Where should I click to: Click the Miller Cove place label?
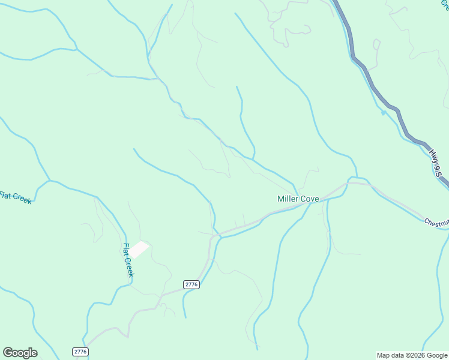point(298,199)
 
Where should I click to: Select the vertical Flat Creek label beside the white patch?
point(128,259)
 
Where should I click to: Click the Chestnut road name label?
point(436,223)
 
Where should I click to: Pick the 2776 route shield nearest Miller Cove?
point(191,284)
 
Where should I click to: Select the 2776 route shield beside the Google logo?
point(80,352)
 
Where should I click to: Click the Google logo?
point(20,353)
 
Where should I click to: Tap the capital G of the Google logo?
point(8,353)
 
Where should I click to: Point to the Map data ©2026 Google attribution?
point(411,355)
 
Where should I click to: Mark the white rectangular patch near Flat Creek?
point(140,249)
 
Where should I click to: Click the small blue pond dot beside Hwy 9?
point(383,112)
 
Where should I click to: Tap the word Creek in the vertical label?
point(130,267)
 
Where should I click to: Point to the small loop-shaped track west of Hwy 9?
point(376,44)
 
